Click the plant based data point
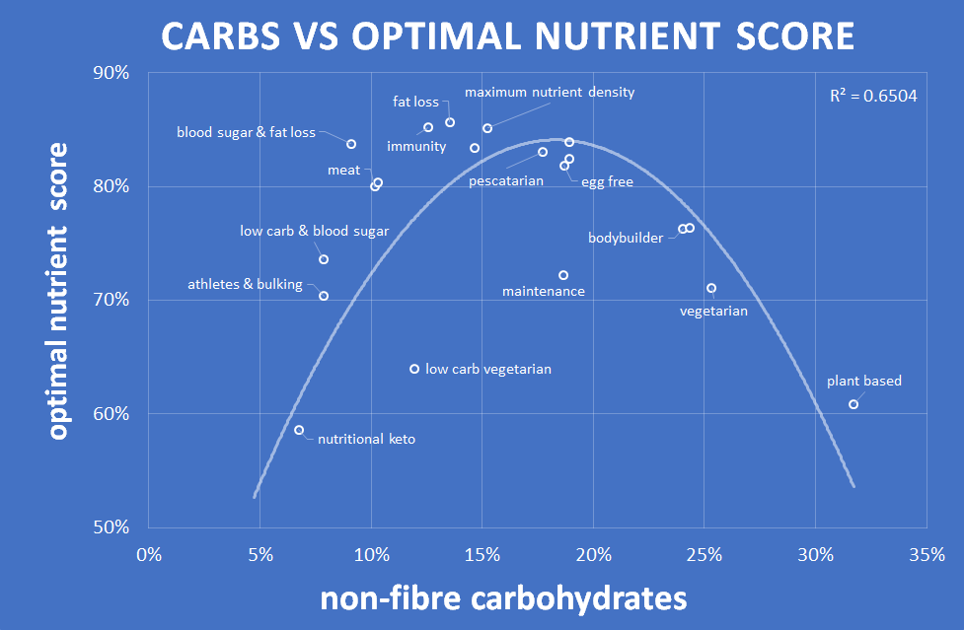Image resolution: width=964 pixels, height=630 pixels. (853, 404)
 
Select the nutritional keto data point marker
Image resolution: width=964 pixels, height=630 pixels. (299, 430)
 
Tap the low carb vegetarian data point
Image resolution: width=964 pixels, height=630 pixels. (414, 369)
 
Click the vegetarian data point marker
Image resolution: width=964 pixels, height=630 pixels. (711, 288)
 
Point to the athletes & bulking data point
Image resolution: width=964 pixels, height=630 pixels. (324, 296)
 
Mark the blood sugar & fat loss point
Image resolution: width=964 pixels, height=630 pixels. (351, 144)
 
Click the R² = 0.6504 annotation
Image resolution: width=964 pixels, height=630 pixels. (874, 96)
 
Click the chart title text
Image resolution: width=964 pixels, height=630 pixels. (507, 36)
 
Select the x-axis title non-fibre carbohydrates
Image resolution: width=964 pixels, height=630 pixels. (502, 597)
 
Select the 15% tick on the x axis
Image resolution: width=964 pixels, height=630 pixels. (482, 554)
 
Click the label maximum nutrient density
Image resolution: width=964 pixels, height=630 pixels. (550, 92)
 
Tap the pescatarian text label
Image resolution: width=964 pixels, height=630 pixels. (506, 180)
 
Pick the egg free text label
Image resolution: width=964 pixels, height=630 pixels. (607, 181)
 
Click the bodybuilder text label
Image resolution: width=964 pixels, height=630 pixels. (626, 238)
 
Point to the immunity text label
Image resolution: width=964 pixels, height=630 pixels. (416, 147)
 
